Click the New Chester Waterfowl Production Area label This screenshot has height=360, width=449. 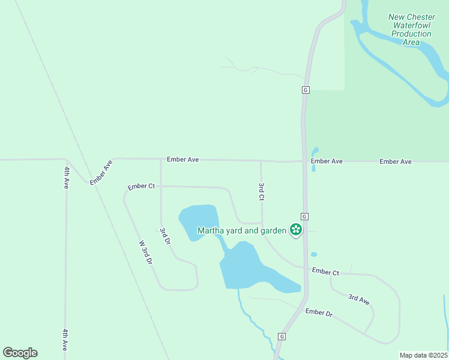411,30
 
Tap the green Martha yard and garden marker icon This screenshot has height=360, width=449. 295,229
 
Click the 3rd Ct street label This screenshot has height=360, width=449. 261,192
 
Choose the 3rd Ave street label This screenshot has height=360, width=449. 359,299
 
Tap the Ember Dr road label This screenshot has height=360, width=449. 318,313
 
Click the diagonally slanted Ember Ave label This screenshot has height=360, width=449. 101,173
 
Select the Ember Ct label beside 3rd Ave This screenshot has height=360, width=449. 325,272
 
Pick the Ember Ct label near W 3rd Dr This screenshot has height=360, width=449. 142,187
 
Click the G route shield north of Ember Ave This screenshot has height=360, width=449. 306,90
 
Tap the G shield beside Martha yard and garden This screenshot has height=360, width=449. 305,216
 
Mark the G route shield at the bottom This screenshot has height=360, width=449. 282,337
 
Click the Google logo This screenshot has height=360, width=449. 20,353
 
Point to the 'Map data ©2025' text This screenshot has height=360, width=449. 423,355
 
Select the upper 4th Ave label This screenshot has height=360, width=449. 66,178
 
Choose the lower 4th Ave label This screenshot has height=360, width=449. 65,340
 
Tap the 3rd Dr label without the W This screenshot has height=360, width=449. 165,235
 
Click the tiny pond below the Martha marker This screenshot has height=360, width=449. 314,254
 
